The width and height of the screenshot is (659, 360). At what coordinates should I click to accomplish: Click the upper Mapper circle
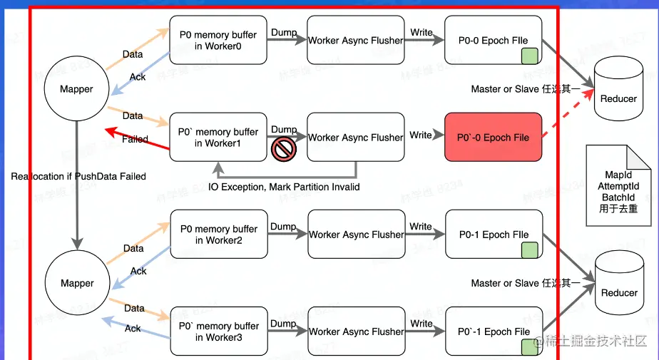coord(77,90)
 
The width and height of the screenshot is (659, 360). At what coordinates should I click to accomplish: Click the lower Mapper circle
coord(77,283)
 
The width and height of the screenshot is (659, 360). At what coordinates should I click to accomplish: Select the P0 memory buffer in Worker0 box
coord(218,40)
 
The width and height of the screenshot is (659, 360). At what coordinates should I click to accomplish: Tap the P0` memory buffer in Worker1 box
coord(218,138)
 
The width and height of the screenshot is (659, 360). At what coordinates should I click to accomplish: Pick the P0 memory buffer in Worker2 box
coord(218,235)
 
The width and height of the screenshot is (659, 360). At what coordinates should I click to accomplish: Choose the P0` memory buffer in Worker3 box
coord(218,331)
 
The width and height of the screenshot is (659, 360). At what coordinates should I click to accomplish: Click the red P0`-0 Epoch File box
coord(494,137)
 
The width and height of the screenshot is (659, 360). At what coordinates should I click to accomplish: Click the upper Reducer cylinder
coord(618,89)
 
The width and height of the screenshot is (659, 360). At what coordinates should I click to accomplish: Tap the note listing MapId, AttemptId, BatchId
coord(618,186)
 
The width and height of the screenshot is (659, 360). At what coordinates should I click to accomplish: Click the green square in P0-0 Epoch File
coord(528,56)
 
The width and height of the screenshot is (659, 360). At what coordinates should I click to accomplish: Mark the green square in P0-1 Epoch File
coord(528,250)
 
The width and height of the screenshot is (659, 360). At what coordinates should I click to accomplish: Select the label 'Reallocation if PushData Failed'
coord(78,176)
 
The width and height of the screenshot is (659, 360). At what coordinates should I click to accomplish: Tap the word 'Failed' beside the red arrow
coord(135,139)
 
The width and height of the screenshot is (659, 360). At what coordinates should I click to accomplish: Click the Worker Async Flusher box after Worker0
coord(355,41)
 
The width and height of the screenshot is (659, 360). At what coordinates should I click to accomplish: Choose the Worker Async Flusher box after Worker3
coord(355,331)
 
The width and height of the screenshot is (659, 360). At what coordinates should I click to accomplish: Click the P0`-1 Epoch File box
coord(494,331)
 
